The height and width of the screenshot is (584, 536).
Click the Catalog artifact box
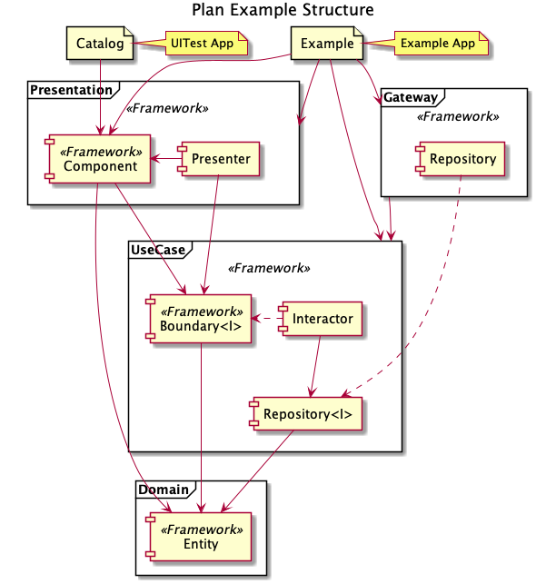[100, 44]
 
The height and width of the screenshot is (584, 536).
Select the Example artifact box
[327, 44]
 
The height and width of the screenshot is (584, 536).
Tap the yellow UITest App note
[206, 44]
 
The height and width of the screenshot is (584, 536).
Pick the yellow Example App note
[441, 44]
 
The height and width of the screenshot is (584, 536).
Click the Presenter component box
[219, 159]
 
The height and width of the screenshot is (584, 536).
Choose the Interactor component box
[321, 319]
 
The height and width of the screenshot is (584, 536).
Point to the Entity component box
[199, 537]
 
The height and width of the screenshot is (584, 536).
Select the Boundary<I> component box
[199, 319]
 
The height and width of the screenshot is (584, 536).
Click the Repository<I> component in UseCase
[305, 414]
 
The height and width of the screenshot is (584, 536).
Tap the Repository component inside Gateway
[461, 159]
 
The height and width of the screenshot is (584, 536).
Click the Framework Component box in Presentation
[97, 159]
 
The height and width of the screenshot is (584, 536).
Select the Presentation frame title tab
[74, 90]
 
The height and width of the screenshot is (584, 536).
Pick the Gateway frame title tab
[412, 97]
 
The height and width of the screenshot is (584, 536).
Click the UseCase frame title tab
[160, 250]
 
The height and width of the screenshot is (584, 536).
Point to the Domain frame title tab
[165, 489]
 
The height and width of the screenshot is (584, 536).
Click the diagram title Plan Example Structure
[283, 10]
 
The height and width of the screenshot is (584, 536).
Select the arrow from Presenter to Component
[165, 159]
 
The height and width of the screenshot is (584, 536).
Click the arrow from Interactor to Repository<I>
[315, 367]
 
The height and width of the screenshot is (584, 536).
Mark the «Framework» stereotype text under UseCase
[269, 268]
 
